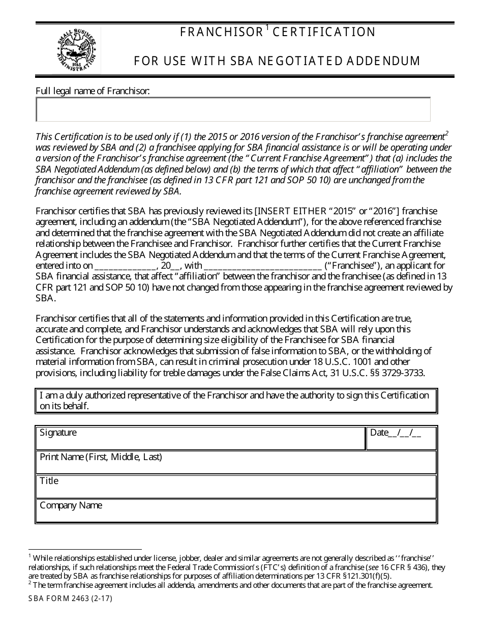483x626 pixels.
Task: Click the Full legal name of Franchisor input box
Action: [x=233, y=109]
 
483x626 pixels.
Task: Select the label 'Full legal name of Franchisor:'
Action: [x=93, y=91]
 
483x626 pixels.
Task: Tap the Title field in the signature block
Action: [x=236, y=487]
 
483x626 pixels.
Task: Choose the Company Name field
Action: [x=236, y=511]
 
